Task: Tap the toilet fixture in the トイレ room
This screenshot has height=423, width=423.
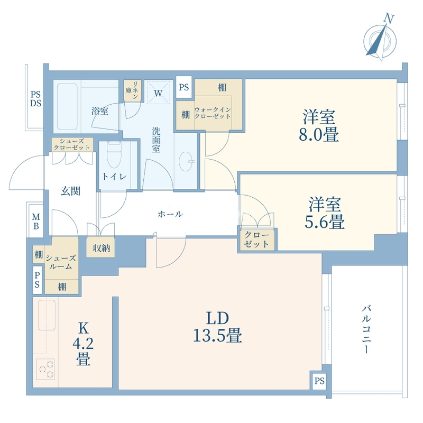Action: (x=114, y=154)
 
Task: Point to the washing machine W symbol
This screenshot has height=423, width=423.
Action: (x=158, y=93)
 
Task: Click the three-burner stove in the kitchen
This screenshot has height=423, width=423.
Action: (x=45, y=369)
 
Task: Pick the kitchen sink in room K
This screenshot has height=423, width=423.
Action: (x=47, y=315)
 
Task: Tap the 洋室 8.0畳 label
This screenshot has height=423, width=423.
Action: (x=319, y=125)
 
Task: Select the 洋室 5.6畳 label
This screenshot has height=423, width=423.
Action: (x=325, y=213)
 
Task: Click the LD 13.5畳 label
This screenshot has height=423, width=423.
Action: (x=217, y=327)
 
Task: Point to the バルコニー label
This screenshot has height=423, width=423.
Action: (x=366, y=329)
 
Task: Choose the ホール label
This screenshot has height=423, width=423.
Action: (x=170, y=215)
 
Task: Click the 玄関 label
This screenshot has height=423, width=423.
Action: (x=70, y=191)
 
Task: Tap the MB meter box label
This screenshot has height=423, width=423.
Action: (x=36, y=221)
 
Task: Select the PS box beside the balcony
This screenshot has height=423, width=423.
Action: (x=319, y=381)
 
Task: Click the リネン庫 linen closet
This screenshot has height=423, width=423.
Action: (x=132, y=90)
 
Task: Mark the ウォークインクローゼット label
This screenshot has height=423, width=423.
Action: (x=213, y=113)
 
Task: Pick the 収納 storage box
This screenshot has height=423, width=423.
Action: (x=102, y=247)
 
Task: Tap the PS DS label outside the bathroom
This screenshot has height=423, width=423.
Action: (x=35, y=99)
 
